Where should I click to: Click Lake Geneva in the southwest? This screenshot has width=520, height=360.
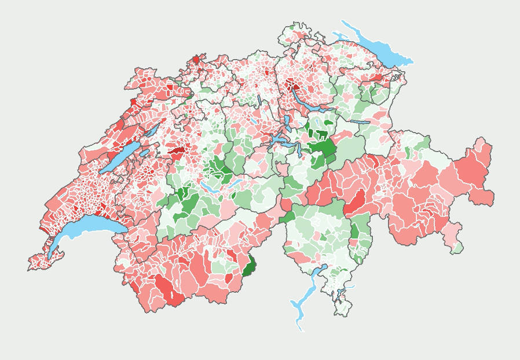click(x=87, y=228)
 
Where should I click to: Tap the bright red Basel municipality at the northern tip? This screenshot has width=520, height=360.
click(x=196, y=60)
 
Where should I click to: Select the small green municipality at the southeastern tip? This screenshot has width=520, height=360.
click(x=458, y=248)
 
